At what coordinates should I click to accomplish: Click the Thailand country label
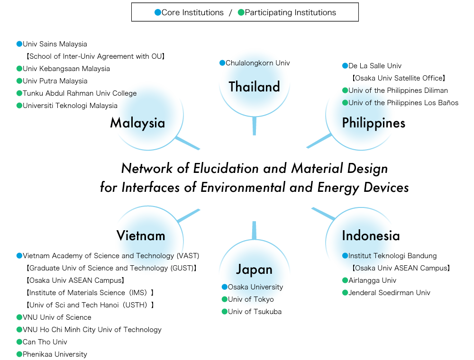pyautogui.click(x=254, y=87)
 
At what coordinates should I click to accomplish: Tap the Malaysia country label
pyautogui.click(x=137, y=123)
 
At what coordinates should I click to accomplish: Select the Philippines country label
pyautogui.click(x=374, y=123)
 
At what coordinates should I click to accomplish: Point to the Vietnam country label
pyautogui.click(x=141, y=235)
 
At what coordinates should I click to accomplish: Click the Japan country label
pyautogui.click(x=254, y=270)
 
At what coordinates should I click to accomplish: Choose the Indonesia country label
pyautogui.click(x=371, y=235)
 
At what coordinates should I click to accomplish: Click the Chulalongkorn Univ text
pyautogui.click(x=257, y=63)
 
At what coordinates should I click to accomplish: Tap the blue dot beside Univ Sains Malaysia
pyautogui.click(x=19, y=44)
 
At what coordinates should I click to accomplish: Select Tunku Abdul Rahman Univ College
pyautogui.click(x=80, y=93)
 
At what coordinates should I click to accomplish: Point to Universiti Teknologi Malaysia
pyautogui.click(x=70, y=106)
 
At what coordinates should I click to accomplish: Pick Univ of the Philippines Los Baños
pyautogui.click(x=403, y=103)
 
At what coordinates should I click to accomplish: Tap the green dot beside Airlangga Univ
pyautogui.click(x=345, y=280)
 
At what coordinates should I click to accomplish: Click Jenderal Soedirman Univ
pyautogui.click(x=389, y=293)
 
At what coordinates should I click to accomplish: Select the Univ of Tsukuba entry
pyautogui.click(x=255, y=312)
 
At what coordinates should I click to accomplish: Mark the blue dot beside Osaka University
pyautogui.click(x=225, y=287)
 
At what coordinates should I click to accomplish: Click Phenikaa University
pyautogui.click(x=55, y=354)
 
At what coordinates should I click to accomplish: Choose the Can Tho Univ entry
pyautogui.click(x=45, y=342)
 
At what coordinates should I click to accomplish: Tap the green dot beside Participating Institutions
pyautogui.click(x=241, y=13)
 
